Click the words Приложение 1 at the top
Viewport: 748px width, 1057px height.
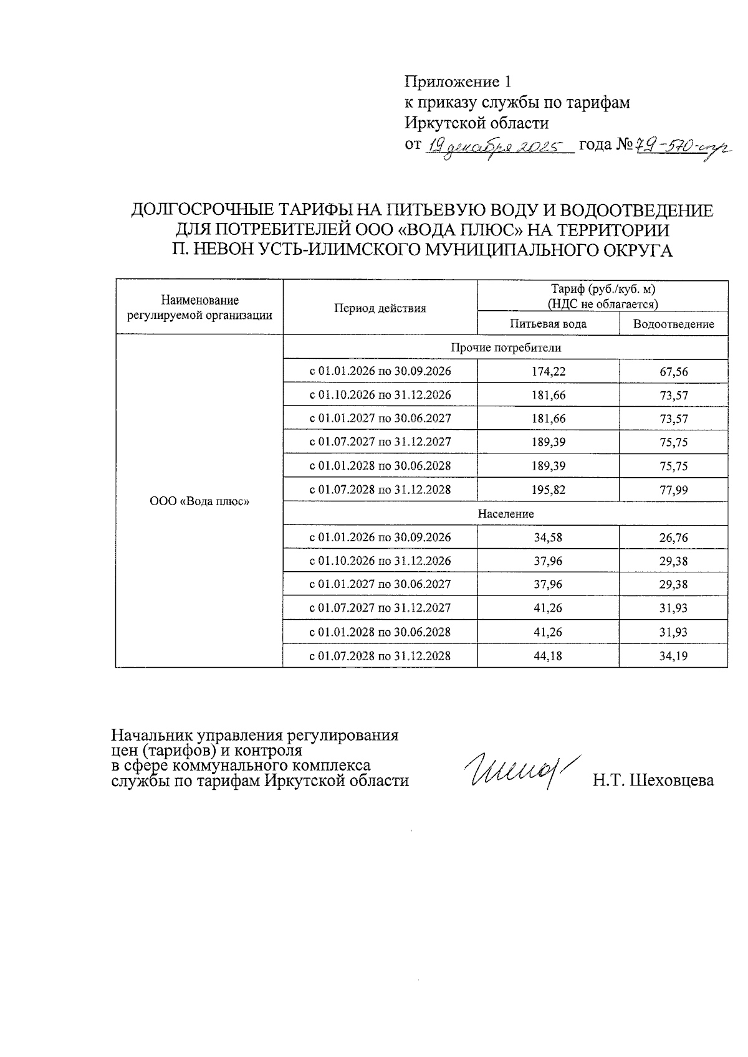coord(457,82)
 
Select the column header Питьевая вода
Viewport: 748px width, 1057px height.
coord(548,324)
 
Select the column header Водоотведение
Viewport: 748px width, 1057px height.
coord(673,324)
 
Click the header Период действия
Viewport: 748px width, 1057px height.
coord(380,308)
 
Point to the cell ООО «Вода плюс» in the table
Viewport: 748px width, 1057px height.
coord(199,501)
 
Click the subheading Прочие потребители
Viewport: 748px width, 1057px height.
coord(506,348)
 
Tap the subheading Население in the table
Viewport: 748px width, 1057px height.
coord(506,514)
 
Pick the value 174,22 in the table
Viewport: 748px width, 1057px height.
coord(549,371)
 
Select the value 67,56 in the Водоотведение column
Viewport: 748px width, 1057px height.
coord(673,372)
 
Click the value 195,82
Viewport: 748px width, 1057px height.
coord(549,490)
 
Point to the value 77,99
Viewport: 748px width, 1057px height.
coord(673,490)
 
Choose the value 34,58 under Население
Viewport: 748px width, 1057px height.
coord(549,538)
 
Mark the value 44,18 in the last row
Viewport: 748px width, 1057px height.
coord(549,656)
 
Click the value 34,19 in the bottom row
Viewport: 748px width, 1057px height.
coord(673,656)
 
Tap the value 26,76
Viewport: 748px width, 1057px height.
coord(673,538)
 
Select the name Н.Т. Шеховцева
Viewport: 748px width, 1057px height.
coord(653,780)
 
